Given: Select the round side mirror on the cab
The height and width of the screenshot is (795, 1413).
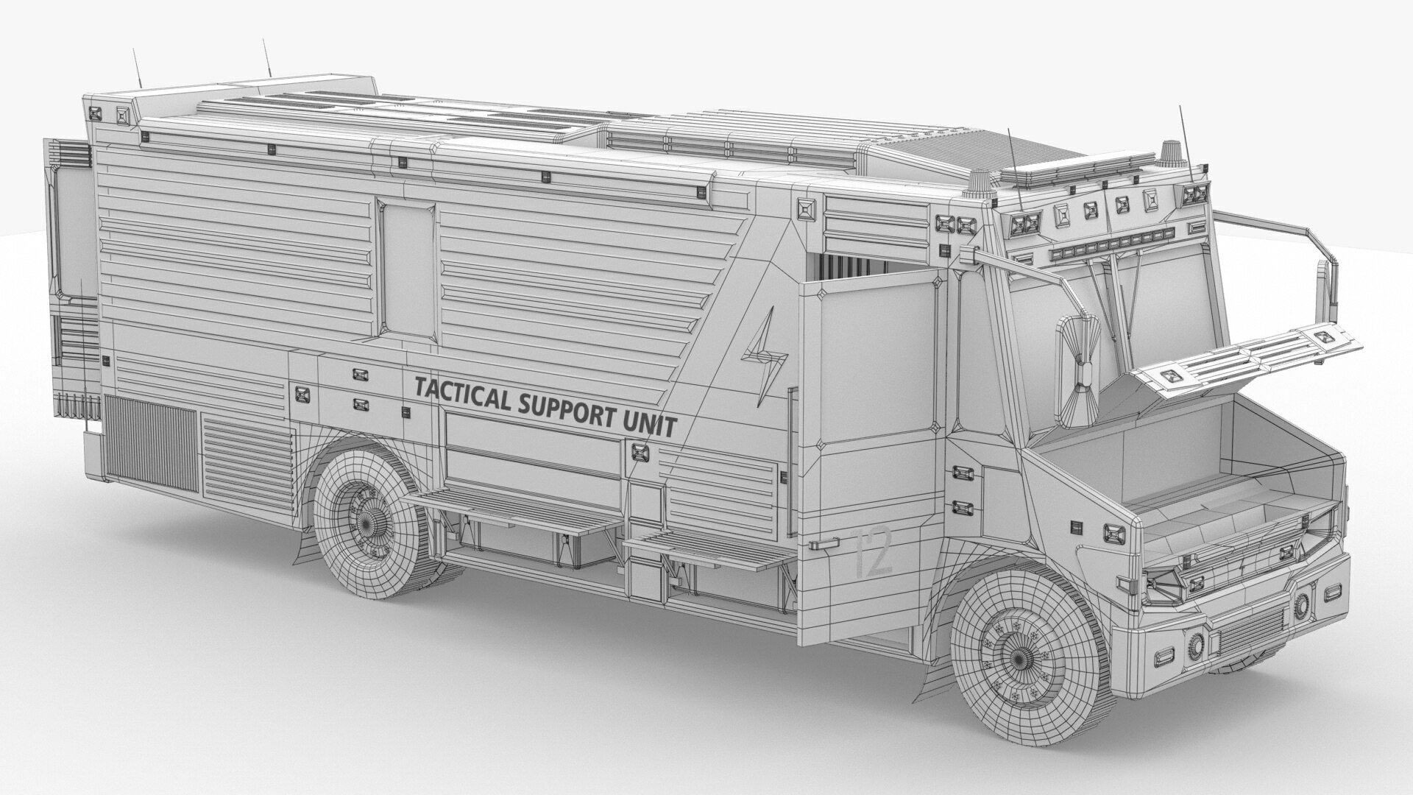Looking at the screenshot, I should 1079,372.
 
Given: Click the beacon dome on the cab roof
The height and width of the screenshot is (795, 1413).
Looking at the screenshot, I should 1168,153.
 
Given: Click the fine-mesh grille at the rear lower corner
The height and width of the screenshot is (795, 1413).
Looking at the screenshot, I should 151,442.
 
